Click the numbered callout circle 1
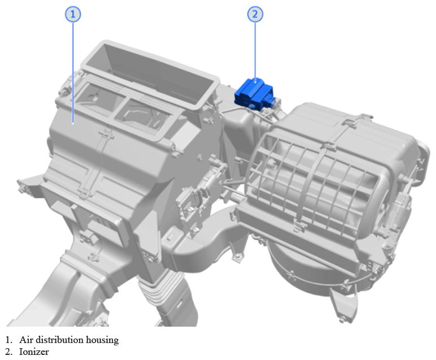coord(73,14)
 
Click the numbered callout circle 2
coord(255,14)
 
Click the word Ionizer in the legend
coord(34,352)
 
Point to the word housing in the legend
coord(102,340)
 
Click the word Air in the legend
coord(26,340)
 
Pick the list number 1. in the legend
coord(9,340)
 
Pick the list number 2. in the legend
coord(9,352)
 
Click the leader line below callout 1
coord(73,72)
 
